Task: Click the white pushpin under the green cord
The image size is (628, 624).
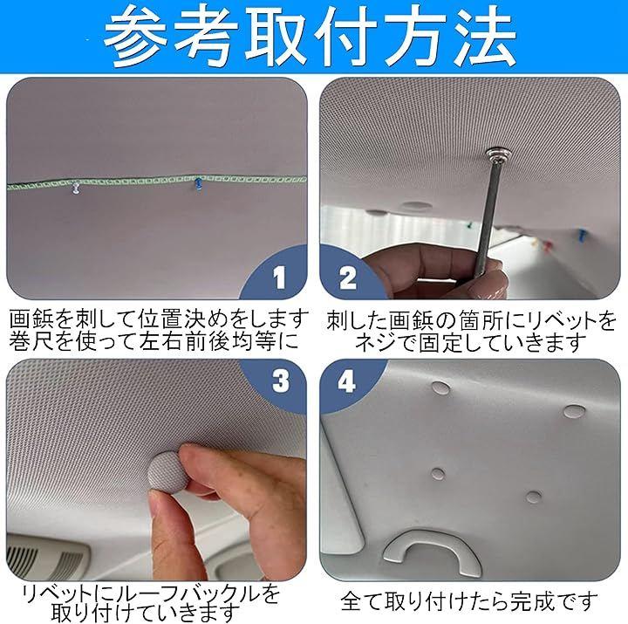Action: click(75, 188)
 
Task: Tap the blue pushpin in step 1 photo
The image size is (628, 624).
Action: click(198, 184)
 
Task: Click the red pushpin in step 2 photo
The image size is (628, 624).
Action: click(546, 245)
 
